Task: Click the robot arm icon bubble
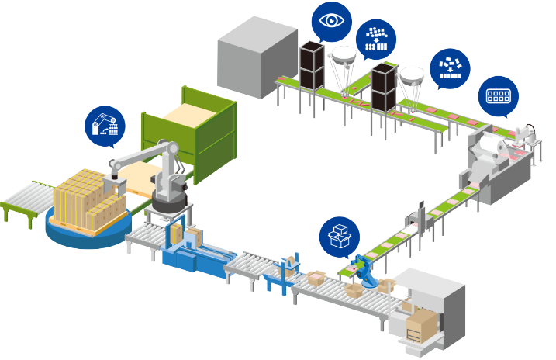(x=104, y=125)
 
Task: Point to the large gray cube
(x=257, y=57)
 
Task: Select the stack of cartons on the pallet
(x=86, y=198)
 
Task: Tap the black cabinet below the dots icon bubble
(x=383, y=88)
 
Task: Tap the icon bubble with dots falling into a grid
(x=375, y=38)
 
